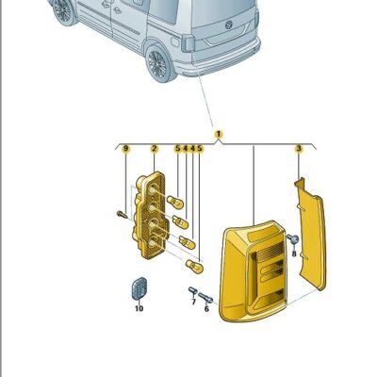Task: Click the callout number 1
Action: [219, 135]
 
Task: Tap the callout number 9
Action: [124, 149]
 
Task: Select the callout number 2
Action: [154, 149]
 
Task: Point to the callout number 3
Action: [298, 149]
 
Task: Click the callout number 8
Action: [294, 253]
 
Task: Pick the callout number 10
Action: [139, 308]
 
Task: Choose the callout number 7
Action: [193, 303]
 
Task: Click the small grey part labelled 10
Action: [139, 287]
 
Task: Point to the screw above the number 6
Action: [206, 297]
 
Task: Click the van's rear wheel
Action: [157, 64]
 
